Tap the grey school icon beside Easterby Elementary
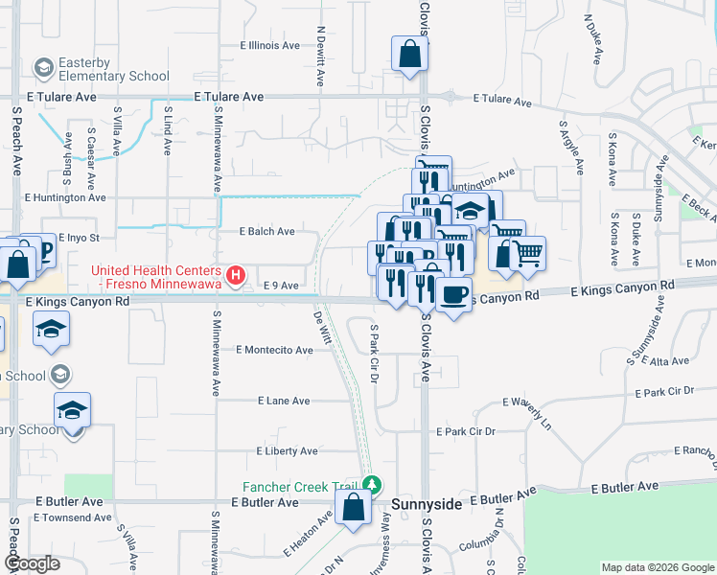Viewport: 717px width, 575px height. click(42, 68)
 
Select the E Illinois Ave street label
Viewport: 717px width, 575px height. click(272, 45)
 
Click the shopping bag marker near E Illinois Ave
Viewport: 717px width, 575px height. click(409, 55)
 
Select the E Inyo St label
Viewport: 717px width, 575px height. click(79, 237)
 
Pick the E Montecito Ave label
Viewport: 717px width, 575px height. click(274, 351)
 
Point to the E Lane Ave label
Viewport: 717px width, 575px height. click(284, 401)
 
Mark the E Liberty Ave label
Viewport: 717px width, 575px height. click(288, 451)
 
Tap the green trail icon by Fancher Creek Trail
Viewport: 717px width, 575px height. click(376, 486)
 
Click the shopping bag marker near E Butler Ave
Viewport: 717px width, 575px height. click(354, 509)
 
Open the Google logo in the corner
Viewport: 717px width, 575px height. click(31, 564)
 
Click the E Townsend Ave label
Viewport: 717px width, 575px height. click(72, 517)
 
